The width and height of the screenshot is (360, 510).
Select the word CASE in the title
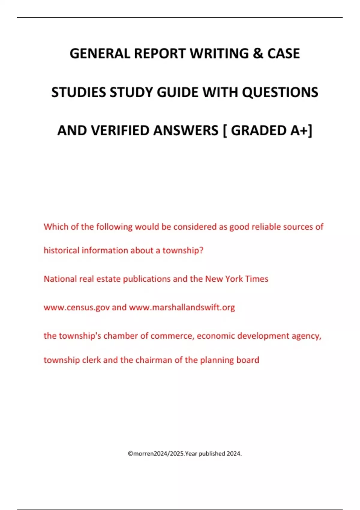[x=283, y=54]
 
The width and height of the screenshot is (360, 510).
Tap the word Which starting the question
[x=56, y=227]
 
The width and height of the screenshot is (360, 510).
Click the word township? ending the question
[x=183, y=250]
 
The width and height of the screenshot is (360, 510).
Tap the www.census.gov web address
[x=76, y=307]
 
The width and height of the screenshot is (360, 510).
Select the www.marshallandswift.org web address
[x=182, y=307]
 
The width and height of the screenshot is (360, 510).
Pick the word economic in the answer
[x=216, y=336]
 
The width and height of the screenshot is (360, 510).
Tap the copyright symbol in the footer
[x=130, y=454]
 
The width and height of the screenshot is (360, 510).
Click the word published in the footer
[x=212, y=454]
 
